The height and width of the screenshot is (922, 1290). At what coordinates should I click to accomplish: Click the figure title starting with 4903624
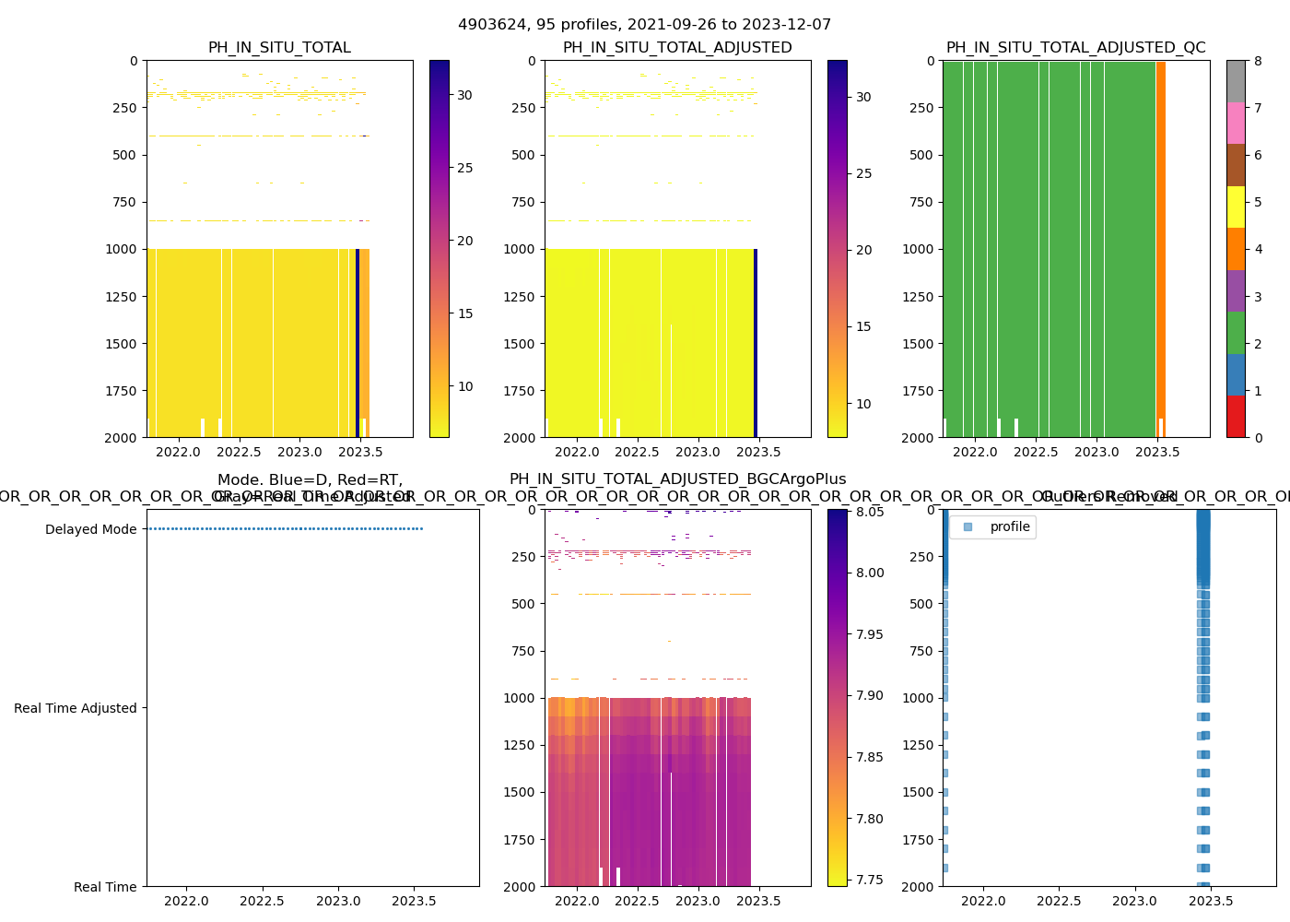click(x=644, y=25)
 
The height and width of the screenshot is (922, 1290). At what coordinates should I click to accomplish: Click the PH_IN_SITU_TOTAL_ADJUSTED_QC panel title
click(x=1075, y=48)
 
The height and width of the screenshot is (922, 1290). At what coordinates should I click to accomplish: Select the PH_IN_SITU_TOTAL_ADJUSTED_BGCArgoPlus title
click(x=677, y=479)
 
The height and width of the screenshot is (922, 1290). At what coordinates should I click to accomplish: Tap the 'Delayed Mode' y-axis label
click(x=90, y=529)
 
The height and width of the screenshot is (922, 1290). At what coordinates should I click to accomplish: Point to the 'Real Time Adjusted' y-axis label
click(x=75, y=708)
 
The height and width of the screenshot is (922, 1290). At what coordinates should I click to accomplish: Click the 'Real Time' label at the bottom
click(x=105, y=887)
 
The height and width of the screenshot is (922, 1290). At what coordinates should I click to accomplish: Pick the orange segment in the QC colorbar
click(x=1236, y=249)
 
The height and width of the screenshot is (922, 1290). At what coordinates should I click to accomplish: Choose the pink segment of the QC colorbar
click(x=1236, y=123)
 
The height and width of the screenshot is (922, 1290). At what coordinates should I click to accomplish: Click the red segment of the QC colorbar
click(x=1236, y=416)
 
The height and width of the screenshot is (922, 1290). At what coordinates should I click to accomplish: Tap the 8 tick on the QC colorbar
click(x=1258, y=61)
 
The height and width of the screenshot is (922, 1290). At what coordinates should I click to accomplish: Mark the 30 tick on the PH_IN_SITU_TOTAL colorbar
click(x=464, y=95)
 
